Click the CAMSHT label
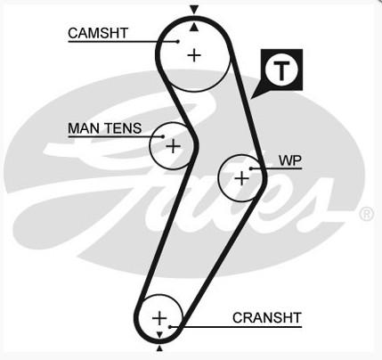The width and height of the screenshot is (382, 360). coord(98,33)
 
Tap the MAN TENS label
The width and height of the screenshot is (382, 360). coord(105,128)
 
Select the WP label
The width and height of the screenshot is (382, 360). coord(290,160)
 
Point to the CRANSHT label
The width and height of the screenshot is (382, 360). coord(267,318)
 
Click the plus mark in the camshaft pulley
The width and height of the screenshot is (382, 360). coord(194,55)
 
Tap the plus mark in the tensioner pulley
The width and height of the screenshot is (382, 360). coord(173,146)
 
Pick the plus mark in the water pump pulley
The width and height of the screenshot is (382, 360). coord(242,178)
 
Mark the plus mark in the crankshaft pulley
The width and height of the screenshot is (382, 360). coord(159,318)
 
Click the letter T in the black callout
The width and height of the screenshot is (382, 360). coord(281,71)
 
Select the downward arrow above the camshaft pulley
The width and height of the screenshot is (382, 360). coord(194,11)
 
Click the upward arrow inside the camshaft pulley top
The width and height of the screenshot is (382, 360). coord(194,28)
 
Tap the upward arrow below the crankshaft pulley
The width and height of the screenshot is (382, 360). coord(159,348)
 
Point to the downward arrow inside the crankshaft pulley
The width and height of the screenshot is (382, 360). coord(159,335)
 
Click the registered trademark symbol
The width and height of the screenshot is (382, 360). coord(367,214)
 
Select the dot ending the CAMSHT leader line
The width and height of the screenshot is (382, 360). coord(178,41)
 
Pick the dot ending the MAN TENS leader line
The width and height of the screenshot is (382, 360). coord(163,136)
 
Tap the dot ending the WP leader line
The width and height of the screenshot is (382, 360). coord(251,168)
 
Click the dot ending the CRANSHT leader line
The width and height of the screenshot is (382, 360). coord(170,327)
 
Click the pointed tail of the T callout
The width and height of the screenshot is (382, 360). coord(251,98)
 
